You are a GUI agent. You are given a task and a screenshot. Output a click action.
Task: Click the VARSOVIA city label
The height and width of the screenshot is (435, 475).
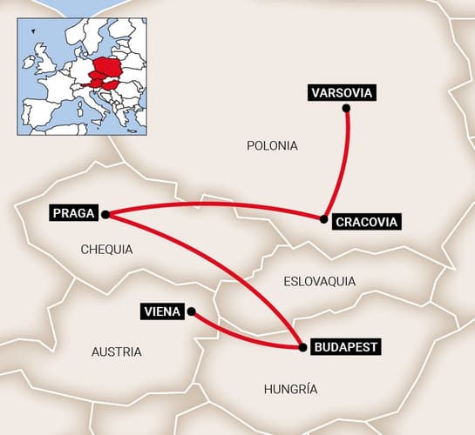point(342,93)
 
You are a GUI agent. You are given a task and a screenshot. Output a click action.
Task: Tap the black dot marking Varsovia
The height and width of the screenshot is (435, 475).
point(346,109)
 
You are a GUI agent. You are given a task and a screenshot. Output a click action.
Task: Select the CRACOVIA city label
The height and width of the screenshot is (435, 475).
point(366,222)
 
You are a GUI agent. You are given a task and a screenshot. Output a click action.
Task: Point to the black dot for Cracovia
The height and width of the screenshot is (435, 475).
point(324,219)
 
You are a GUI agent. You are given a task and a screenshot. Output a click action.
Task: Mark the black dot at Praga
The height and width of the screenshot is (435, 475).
point(105,213)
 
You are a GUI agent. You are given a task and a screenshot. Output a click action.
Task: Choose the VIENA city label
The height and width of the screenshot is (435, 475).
point(162,311)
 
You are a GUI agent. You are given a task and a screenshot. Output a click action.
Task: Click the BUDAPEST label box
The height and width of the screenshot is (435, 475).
point(345,346)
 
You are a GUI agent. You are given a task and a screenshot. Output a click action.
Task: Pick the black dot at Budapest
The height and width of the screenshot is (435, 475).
point(302,347)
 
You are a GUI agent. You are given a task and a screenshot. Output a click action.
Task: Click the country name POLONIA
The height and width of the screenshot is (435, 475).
point(272,145)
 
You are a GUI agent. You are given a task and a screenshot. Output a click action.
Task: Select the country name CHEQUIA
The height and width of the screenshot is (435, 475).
point(106,249)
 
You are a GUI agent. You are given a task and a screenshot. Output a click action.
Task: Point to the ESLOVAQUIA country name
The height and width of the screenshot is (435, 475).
point(320,281)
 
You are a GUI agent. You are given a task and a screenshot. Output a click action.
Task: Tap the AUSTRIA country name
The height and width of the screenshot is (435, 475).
point(116,351)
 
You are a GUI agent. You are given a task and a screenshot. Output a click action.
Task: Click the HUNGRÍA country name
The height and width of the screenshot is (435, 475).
point(290,389)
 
